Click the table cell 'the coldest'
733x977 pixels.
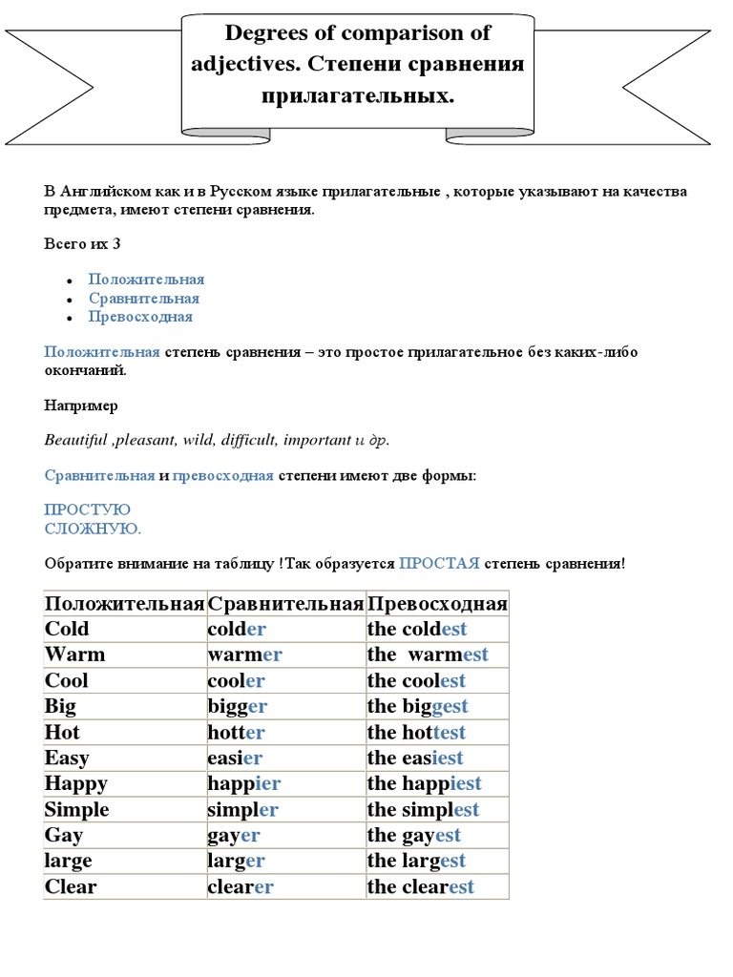(x=417, y=629)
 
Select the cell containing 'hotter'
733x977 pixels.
(x=236, y=732)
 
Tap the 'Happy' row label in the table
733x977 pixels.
(x=75, y=783)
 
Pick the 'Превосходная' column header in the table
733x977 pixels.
(x=437, y=603)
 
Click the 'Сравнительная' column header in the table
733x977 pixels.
(x=285, y=603)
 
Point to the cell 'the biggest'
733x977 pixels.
(x=417, y=706)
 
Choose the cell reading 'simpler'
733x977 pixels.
(x=242, y=809)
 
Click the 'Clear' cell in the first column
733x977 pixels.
(x=71, y=886)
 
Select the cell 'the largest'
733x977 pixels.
(x=416, y=861)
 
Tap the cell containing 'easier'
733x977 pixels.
(x=234, y=758)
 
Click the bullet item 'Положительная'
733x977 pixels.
(x=146, y=280)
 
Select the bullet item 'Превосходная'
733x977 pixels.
(x=140, y=317)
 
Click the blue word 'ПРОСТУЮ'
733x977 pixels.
(x=88, y=509)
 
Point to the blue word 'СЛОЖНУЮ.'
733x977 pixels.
(x=93, y=528)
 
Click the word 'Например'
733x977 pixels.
(x=81, y=405)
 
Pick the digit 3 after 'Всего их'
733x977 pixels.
(x=116, y=243)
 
